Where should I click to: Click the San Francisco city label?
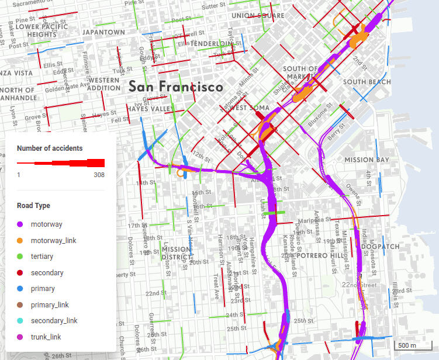click(x=175, y=87)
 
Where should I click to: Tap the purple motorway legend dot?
click(x=19, y=224)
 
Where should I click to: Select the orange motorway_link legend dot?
click(x=19, y=240)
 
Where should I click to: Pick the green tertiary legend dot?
click(x=19, y=257)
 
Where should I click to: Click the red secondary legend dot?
click(x=19, y=272)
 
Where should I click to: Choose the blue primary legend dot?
click(x=19, y=289)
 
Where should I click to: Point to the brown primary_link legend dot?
click(x=19, y=304)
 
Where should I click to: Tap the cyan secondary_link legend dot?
click(x=19, y=321)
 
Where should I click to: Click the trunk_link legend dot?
click(x=19, y=337)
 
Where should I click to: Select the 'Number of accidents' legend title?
click(x=50, y=148)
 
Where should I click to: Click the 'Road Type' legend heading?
click(x=33, y=206)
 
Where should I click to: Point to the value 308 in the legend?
click(x=99, y=175)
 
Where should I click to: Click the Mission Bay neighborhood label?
click(x=367, y=160)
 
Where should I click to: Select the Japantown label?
click(x=104, y=32)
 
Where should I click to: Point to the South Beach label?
click(x=367, y=82)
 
